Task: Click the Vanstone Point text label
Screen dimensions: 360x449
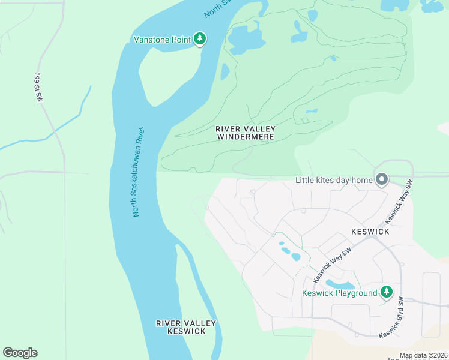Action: (x=161, y=40)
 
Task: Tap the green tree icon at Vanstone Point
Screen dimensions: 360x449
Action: (x=200, y=40)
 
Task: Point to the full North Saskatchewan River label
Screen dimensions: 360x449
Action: (x=137, y=172)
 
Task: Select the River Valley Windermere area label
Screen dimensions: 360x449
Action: (x=245, y=133)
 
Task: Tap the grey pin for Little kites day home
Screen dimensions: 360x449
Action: (x=381, y=179)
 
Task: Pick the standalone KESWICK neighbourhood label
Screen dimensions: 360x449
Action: (x=370, y=232)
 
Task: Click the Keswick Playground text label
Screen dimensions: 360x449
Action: (x=339, y=293)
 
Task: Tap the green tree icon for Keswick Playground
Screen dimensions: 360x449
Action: (x=387, y=292)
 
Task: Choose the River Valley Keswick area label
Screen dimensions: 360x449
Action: (x=185, y=327)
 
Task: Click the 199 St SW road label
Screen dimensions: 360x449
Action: (x=38, y=88)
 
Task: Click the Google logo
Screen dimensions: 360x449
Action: (x=20, y=353)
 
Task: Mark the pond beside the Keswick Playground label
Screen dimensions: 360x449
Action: (x=340, y=283)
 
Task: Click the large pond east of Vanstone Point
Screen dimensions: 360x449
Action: (x=246, y=39)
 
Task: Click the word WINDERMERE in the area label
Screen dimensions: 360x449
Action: (x=245, y=137)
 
